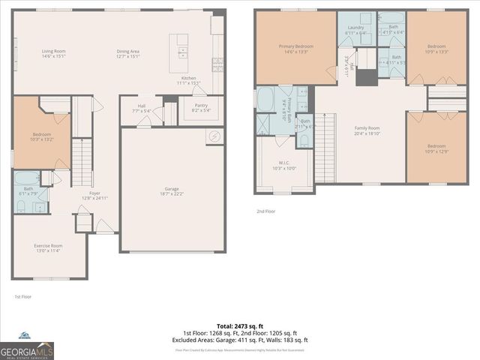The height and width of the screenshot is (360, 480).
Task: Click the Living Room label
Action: click(x=53, y=53)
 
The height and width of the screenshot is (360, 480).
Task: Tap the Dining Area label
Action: click(x=129, y=53)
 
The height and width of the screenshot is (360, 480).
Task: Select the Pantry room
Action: click(x=200, y=108)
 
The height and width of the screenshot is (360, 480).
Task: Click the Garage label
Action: click(x=172, y=190)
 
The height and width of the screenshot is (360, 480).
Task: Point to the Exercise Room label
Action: click(x=48, y=248)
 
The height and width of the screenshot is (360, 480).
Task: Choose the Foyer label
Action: click(x=95, y=195)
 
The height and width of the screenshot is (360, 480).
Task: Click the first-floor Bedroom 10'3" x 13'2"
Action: click(x=41, y=136)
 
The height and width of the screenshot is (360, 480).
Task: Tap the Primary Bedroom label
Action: click(x=295, y=49)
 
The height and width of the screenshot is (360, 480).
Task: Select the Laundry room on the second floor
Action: click(x=355, y=31)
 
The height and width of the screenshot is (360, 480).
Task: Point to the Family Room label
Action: click(x=367, y=130)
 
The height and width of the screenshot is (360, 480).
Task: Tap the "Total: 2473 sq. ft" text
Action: click(x=240, y=326)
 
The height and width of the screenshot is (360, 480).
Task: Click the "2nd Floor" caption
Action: click(x=265, y=211)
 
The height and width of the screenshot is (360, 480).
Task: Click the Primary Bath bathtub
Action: click(x=265, y=99)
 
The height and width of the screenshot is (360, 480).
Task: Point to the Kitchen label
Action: click(x=189, y=80)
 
